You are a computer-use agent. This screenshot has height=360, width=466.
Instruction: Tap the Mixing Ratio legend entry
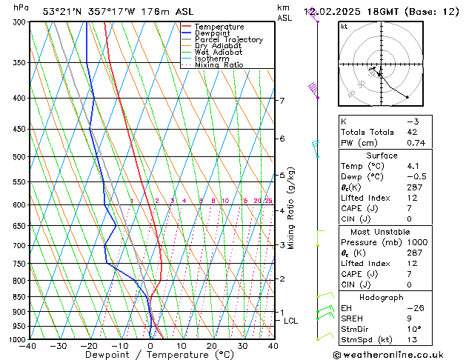219,65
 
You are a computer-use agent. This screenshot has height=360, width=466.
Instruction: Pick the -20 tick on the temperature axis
89,346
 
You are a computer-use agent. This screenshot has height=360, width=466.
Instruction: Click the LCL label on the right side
290,321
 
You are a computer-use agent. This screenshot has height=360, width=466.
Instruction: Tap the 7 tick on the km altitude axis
282,101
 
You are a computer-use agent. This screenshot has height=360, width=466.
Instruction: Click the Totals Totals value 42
413,132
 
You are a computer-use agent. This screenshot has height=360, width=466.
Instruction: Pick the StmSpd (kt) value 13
413,339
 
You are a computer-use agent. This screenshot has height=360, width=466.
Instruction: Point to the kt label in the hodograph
344,27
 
